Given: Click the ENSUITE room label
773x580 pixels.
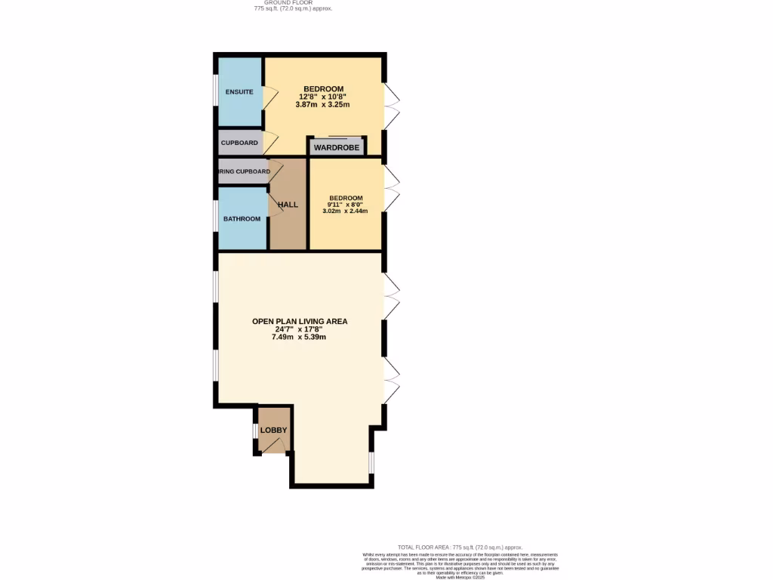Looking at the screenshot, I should pyautogui.click(x=239, y=92).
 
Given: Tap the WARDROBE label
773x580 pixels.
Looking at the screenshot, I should pyautogui.click(x=337, y=147).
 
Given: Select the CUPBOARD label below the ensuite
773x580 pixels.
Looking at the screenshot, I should pyautogui.click(x=239, y=143).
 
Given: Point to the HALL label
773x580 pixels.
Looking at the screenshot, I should pyautogui.click(x=288, y=205).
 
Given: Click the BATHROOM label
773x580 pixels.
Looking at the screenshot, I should pyautogui.click(x=242, y=219).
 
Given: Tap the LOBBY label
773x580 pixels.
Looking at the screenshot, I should pyautogui.click(x=273, y=430).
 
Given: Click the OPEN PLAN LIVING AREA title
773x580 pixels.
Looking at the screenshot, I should pyautogui.click(x=300, y=321).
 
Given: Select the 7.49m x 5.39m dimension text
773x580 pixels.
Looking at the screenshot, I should pyautogui.click(x=300, y=337).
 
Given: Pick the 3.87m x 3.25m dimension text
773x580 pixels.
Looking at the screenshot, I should pyautogui.click(x=323, y=104).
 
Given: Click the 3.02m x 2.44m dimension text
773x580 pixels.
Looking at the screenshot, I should pyautogui.click(x=345, y=211).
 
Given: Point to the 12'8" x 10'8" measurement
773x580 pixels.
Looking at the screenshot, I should pyautogui.click(x=323, y=97).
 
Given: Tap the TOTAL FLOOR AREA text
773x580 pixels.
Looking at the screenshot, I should pyautogui.click(x=460, y=547).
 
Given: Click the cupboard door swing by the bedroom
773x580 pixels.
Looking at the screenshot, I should pyautogui.click(x=270, y=143).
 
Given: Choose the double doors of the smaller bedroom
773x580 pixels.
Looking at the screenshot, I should pyautogui.click(x=393, y=189).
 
